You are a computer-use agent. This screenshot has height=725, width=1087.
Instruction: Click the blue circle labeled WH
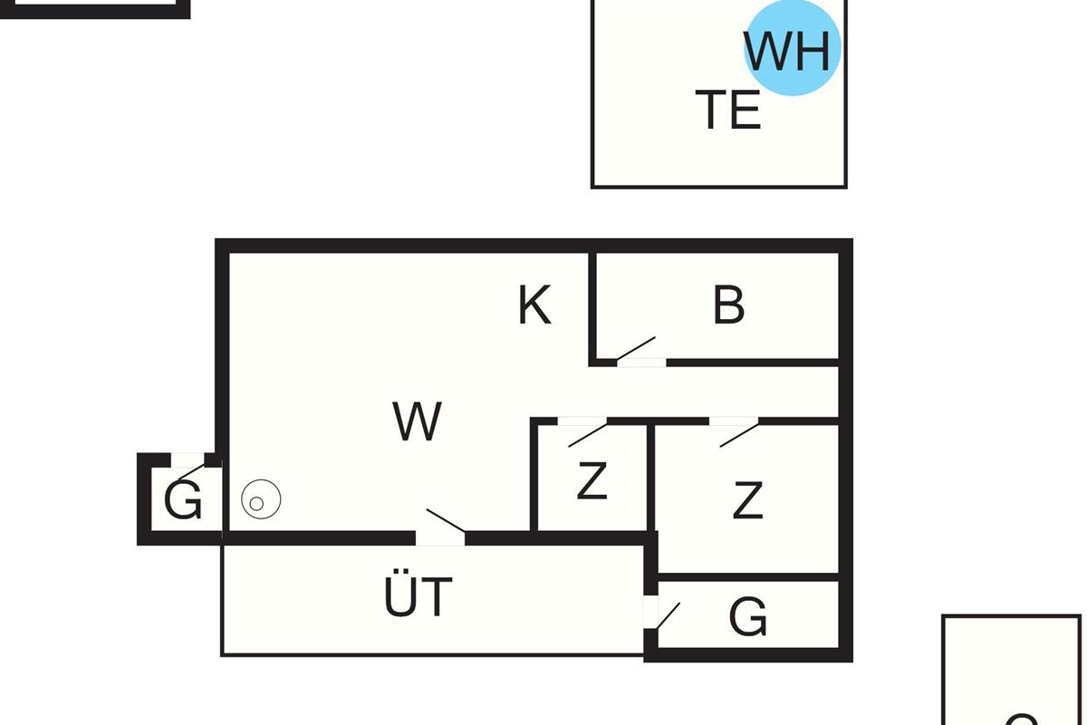(x=793, y=50)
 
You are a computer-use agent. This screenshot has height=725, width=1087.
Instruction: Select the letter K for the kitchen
(x=534, y=305)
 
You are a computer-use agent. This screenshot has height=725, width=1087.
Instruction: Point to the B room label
(x=729, y=305)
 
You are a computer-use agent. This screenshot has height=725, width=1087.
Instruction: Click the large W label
(x=418, y=421)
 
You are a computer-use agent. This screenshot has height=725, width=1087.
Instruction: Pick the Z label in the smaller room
(x=592, y=481)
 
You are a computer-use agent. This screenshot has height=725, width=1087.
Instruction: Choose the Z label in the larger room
(x=747, y=500)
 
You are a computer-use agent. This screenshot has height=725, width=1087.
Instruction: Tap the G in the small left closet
(x=183, y=501)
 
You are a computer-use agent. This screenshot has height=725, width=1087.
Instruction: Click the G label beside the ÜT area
(x=748, y=618)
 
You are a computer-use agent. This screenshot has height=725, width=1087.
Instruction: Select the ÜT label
(x=418, y=596)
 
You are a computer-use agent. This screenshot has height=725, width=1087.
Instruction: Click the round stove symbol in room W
(x=261, y=499)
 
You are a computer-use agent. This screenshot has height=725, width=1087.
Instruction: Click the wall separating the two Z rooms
(x=650, y=477)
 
